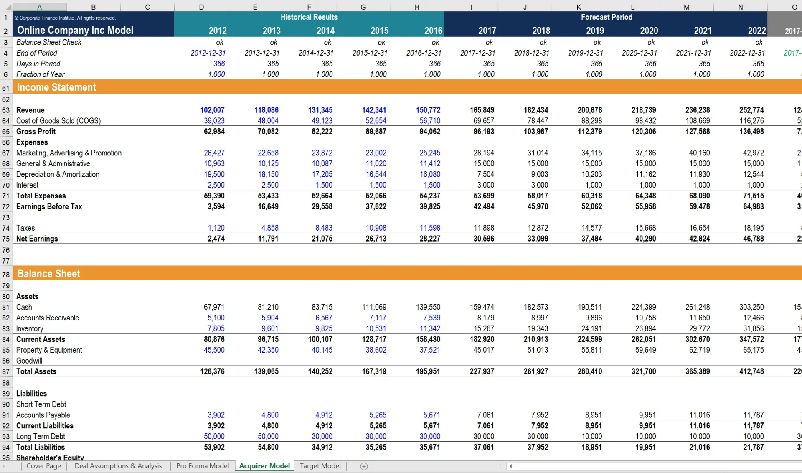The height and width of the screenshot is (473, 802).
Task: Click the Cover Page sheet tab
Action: pos(43,466)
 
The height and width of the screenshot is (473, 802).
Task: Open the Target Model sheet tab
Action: pos(320,466)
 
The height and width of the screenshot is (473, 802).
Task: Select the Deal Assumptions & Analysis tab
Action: pos(118,466)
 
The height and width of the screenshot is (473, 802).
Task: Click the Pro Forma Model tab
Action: pos(203,466)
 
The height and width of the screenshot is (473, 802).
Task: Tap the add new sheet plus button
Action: pos(364,466)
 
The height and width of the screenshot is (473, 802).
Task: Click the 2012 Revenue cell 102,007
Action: pos(212,110)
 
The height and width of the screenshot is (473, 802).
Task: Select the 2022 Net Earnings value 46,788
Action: pos(753,239)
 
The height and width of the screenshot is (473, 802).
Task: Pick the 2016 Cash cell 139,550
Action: pos(428,307)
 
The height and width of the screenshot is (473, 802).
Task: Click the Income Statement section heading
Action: pos(56,87)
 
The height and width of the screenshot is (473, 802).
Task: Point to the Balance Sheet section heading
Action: pos(48,274)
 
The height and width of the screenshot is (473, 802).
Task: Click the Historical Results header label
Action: pos(309,17)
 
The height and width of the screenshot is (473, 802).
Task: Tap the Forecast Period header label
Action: pos(607,17)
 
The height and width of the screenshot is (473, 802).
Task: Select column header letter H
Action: pos(417,7)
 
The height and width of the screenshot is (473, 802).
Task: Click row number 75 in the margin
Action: pos(6,239)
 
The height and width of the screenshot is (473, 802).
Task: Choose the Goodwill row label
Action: pos(29,361)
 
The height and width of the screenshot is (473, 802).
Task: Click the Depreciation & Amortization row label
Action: pos(58,174)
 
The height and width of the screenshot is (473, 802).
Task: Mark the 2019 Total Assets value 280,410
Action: pos(589,371)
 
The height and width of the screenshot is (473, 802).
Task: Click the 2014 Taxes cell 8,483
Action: pos(324,228)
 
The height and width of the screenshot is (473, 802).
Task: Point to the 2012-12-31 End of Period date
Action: pos(208,53)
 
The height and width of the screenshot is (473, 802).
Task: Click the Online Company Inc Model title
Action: pos(75,30)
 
